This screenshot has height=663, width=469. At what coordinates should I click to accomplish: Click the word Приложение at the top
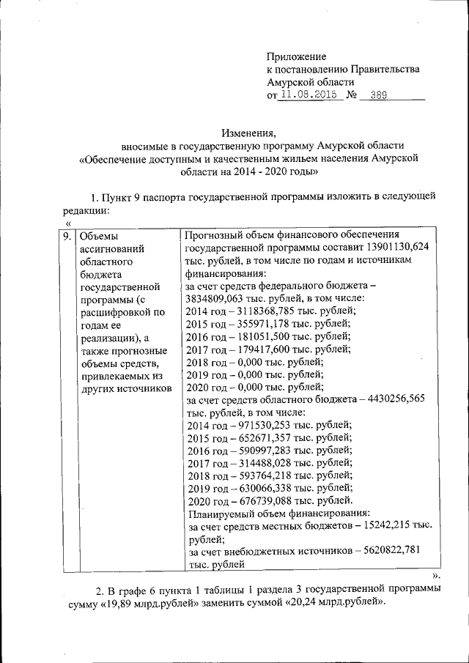pos(296,56)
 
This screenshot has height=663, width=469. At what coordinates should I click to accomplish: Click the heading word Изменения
pos(248,132)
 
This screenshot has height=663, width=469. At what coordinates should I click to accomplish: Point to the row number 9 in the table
pos(66,236)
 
